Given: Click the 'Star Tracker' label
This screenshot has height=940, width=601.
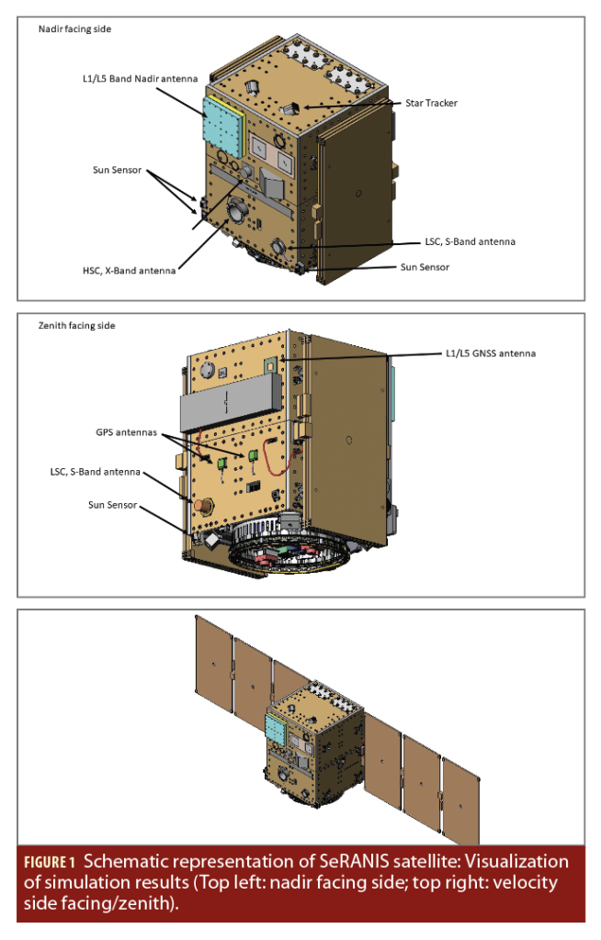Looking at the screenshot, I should coord(431,103).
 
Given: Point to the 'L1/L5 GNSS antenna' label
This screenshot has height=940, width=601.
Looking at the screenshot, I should coord(483,352).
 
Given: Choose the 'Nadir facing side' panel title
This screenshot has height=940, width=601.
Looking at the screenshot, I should coord(75,29).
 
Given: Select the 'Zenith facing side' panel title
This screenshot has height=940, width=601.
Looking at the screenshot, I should coord(77,325).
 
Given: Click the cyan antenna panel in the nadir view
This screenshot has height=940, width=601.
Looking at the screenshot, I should coord(223,125).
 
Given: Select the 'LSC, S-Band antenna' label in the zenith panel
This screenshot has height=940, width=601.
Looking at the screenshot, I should coord(96,472).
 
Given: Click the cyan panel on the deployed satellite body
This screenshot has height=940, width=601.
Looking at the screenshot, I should coord(275,729).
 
